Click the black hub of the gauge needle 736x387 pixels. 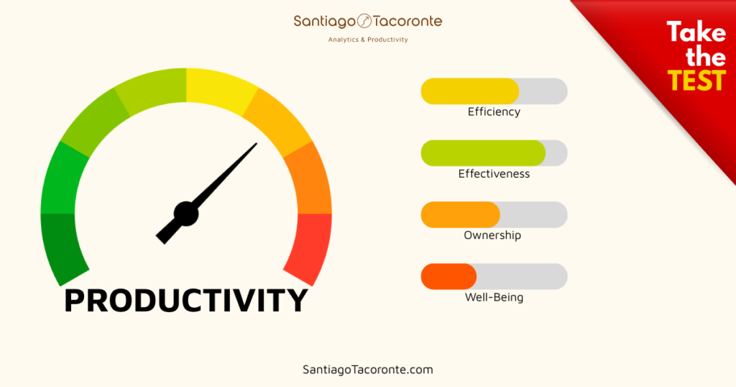[x=186, y=213]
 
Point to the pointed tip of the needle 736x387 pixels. [x=256, y=145]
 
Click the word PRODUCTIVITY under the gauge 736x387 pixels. [x=186, y=300]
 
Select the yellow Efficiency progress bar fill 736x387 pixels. [x=469, y=91]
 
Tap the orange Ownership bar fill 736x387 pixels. [x=460, y=215]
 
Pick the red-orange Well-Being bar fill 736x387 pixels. [x=448, y=277]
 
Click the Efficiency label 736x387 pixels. [x=494, y=112]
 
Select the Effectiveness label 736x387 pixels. [x=494, y=174]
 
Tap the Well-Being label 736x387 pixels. [x=494, y=297]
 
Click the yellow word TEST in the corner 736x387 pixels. [x=696, y=81]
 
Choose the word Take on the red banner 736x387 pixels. [x=696, y=33]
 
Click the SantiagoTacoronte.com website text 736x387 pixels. [x=368, y=370]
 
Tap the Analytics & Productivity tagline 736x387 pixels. [x=368, y=40]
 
